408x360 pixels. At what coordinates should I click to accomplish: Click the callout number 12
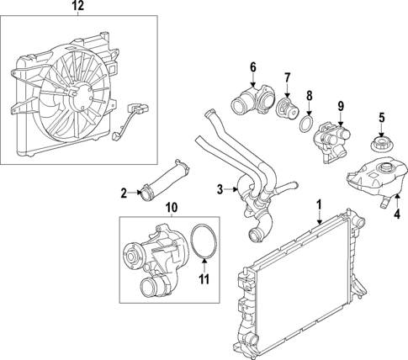(77, 7)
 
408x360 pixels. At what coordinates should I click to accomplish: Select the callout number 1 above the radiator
(319, 204)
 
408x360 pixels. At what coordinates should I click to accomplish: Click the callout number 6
(252, 67)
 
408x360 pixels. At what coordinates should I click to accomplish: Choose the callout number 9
(341, 105)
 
